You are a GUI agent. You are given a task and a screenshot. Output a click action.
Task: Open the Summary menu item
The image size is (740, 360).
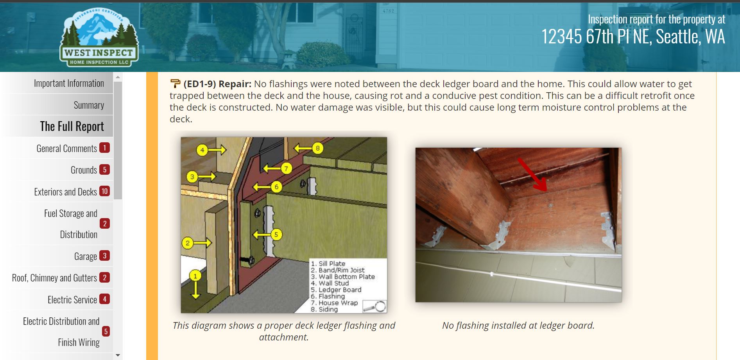click(89, 105)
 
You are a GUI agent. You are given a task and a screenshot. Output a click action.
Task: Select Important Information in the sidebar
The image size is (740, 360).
click(69, 83)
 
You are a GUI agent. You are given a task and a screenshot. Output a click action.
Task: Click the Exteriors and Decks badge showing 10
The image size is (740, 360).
click(104, 191)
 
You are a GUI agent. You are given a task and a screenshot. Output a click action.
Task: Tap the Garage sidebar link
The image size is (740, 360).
click(86, 256)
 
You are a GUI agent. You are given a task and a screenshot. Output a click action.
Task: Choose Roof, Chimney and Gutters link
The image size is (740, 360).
click(54, 278)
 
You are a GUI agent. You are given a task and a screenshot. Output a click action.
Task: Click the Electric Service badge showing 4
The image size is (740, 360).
click(104, 299)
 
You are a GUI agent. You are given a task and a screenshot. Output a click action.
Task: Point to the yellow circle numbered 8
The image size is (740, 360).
click(317, 148)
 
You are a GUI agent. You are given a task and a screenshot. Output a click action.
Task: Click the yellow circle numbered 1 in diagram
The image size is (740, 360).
click(195, 276)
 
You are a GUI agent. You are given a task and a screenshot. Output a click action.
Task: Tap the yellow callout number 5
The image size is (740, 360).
click(276, 235)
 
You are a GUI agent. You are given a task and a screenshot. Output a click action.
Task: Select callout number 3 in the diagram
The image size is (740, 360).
click(192, 177)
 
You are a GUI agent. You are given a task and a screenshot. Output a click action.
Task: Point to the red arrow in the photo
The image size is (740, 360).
click(532, 174)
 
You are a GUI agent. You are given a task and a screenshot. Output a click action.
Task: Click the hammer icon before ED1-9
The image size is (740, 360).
click(175, 84)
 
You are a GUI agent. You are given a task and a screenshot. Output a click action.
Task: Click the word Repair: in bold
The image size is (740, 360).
click(235, 84)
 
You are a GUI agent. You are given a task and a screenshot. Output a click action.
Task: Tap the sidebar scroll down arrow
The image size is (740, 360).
click(118, 355)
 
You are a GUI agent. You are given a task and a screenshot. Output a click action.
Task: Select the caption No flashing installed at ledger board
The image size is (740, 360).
click(518, 325)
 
